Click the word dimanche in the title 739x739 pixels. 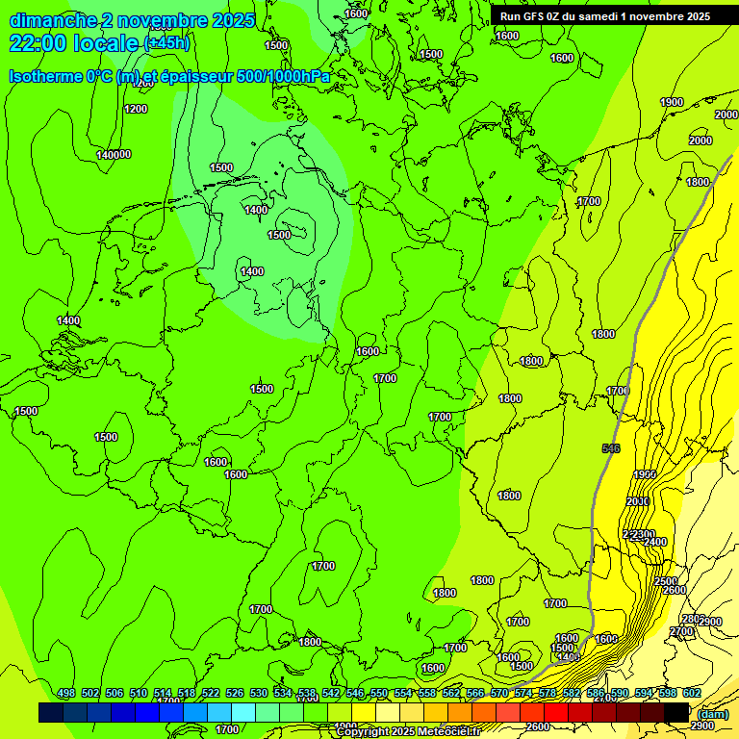tap(52, 20)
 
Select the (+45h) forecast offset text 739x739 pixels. tap(166, 43)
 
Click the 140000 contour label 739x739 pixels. tap(114, 155)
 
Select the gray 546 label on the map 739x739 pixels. tap(610, 449)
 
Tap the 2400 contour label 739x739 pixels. tap(655, 542)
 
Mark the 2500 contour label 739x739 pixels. tap(665, 581)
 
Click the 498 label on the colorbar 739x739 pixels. tap(66, 694)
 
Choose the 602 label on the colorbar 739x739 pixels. tap(692, 694)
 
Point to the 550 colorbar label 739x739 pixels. tap(379, 694)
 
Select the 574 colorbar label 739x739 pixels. tap(523, 694)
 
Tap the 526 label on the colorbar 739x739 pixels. tap(235, 694)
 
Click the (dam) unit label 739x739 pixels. tap(714, 713)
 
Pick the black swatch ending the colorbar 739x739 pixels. tap(676, 712)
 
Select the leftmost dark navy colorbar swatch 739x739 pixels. tap(51, 712)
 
